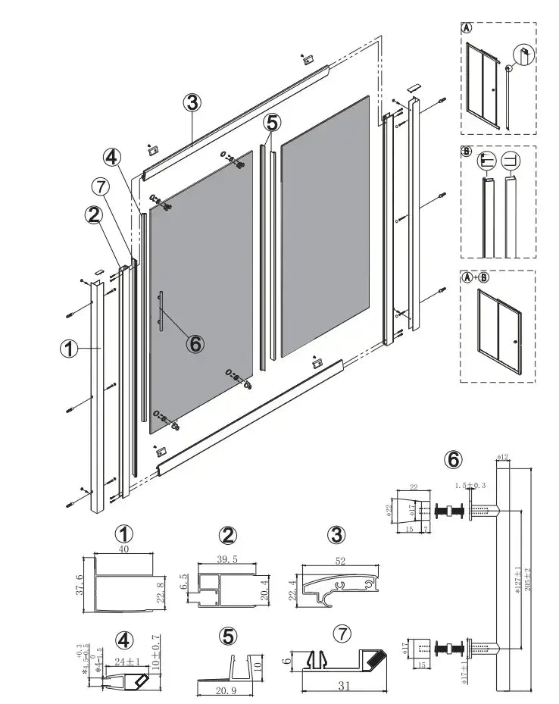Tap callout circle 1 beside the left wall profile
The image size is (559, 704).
tap(70, 349)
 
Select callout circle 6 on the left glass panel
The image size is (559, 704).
tap(195, 343)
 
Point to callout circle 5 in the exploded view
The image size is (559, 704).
tap(273, 122)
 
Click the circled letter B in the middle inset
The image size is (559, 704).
tap(467, 152)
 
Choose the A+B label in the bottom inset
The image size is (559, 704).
tap(475, 277)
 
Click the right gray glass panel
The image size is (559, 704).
tap(325, 226)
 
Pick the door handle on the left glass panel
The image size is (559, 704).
tap(161, 310)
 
